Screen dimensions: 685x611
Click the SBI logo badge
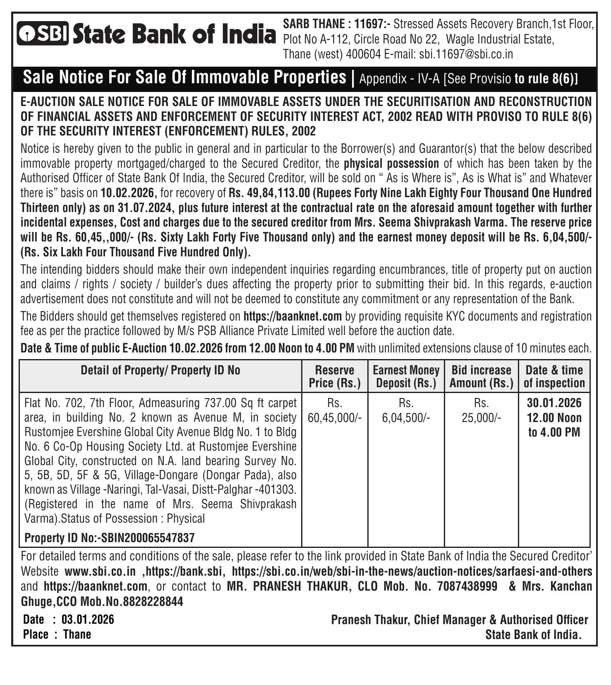[43, 33]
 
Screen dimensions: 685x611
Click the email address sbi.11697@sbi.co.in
[466, 54]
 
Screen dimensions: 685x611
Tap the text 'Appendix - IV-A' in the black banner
[399, 79]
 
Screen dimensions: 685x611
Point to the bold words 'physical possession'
[391, 164]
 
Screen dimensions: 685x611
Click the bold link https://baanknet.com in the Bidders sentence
[292, 316]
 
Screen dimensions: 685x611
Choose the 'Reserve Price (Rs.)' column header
[335, 376]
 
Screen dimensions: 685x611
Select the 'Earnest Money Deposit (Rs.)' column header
[406, 376]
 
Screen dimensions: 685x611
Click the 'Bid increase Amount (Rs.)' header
[481, 376]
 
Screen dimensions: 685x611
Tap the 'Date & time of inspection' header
[554, 376]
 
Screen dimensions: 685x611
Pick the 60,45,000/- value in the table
[335, 418]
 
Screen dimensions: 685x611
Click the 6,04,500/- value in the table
[406, 418]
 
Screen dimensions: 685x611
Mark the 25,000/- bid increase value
[481, 418]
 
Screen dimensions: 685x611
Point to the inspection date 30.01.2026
[554, 403]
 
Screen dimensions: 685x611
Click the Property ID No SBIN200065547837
[148, 538]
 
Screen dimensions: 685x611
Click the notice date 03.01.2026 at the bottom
[88, 620]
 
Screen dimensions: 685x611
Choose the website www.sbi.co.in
[100, 572]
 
